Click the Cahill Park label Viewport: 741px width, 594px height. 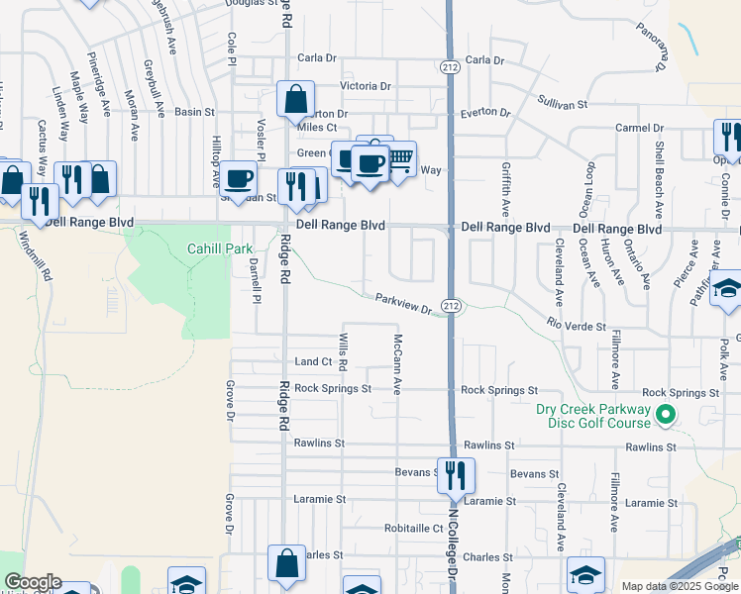(219, 249)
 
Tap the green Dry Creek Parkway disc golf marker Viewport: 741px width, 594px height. (666, 416)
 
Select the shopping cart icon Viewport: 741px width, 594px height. (399, 158)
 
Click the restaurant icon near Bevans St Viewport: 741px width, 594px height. (456, 474)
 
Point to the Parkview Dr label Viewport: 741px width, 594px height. (404, 304)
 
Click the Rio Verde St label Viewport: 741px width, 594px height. (576, 323)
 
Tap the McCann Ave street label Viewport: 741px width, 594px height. (395, 362)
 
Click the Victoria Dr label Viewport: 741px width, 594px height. (366, 86)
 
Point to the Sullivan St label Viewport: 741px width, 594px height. (563, 103)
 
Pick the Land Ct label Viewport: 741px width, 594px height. (313, 362)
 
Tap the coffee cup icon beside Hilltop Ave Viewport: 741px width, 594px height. (239, 178)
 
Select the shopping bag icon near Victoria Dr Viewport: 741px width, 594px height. (295, 99)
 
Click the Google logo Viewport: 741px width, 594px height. (33, 582)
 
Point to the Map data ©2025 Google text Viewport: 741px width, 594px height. (679, 586)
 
